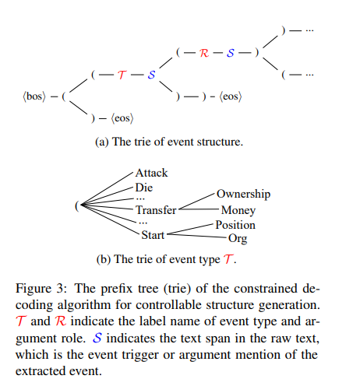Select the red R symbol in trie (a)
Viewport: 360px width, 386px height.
click(x=204, y=52)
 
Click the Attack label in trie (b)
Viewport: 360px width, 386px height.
click(x=151, y=173)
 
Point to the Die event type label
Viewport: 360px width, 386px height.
click(x=143, y=187)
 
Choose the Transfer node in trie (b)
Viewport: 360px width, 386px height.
click(x=156, y=210)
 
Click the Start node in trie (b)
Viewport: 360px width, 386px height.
click(x=153, y=233)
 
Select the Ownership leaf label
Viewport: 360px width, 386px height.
click(x=243, y=194)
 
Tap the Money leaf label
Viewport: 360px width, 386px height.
click(x=238, y=210)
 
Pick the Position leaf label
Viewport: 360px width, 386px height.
click(x=236, y=225)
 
